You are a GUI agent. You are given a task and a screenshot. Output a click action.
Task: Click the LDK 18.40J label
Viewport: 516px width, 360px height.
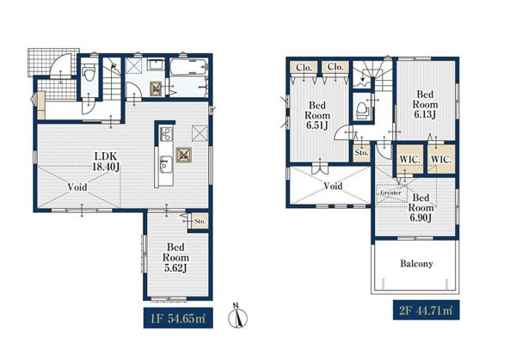click(x=106, y=162)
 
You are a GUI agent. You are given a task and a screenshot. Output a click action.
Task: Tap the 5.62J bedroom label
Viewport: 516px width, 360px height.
click(x=175, y=258)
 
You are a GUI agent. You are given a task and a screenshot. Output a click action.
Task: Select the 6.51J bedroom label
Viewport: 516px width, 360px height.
click(x=317, y=115)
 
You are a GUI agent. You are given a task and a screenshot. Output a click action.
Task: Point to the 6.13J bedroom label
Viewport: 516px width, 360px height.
click(x=425, y=105)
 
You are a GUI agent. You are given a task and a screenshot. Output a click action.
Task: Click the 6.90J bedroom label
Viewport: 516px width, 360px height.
click(x=421, y=208)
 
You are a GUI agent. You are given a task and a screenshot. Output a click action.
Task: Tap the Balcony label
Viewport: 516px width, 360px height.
click(x=416, y=264)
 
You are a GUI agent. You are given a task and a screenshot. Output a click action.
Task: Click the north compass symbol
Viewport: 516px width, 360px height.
click(x=237, y=316)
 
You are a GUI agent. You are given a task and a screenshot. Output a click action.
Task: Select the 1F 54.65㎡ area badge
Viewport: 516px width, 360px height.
click(x=178, y=318)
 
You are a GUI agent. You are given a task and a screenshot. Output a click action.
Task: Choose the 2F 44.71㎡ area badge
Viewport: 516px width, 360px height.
click(x=427, y=310)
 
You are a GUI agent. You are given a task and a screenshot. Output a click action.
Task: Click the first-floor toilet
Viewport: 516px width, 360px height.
click(x=89, y=74)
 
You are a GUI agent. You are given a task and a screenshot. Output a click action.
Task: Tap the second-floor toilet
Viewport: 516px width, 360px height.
click(x=362, y=110)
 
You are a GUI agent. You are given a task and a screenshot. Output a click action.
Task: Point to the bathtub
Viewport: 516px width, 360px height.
click(x=188, y=67)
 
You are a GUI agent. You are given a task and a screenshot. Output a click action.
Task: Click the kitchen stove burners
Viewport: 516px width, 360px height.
click(x=165, y=134)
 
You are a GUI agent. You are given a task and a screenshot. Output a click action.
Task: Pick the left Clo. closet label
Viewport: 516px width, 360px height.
click(x=304, y=67)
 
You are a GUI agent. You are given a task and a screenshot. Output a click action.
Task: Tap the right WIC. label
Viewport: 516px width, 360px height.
click(x=441, y=160)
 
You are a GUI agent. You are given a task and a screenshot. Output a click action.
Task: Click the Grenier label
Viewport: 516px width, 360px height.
click(x=390, y=192)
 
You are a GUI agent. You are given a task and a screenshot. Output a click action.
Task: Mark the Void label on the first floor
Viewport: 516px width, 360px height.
click(x=77, y=187)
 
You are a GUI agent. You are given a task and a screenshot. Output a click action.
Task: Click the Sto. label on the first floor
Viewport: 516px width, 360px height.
click(x=200, y=222)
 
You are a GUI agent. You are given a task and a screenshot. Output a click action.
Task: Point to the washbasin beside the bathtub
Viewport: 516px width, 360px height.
click(x=156, y=64)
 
